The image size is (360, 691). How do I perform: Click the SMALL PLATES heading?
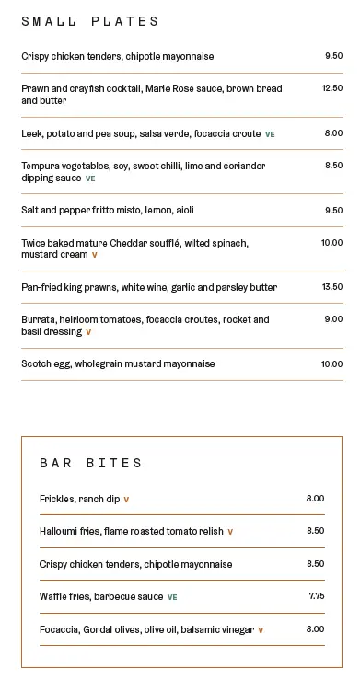coord(90,21)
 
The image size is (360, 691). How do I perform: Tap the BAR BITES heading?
coord(91,463)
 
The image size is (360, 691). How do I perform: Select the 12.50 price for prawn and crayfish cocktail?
coord(331,89)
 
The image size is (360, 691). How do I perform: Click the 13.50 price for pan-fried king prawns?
coord(331,287)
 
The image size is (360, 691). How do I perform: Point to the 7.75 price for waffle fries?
coord(317,596)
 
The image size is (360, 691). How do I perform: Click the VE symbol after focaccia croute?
coord(270,134)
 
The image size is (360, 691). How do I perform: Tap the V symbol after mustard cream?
coord(94,255)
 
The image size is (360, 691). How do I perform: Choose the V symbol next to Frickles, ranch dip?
coord(126,500)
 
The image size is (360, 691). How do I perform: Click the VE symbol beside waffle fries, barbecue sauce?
coord(172,597)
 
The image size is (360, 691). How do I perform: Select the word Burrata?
coord(40,319)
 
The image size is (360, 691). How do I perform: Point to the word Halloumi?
coord(60,531)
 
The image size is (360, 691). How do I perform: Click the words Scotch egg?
coord(46,363)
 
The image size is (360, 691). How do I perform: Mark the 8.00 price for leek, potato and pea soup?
coord(333,133)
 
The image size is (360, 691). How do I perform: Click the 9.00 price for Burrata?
coord(333,319)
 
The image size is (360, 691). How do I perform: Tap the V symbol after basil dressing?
coord(88,332)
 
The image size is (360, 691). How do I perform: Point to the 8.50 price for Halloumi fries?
coord(315,531)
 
